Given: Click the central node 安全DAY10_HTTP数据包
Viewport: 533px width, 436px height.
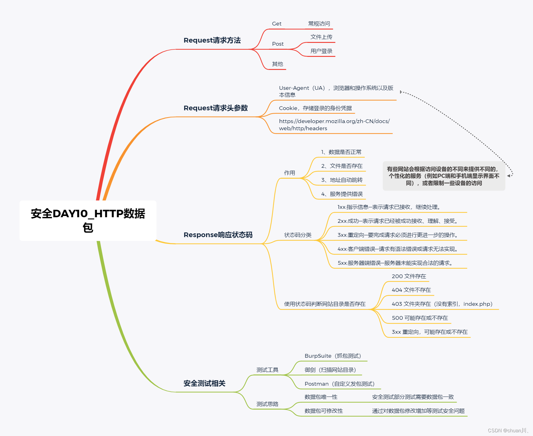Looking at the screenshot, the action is [x=88, y=220].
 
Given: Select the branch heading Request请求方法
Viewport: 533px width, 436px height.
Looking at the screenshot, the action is [x=212, y=40].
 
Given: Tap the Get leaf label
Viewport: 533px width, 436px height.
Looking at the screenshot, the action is [x=277, y=24].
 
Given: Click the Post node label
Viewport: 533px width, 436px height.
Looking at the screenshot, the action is [x=278, y=44].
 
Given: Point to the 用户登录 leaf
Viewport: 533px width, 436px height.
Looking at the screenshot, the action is [x=321, y=51].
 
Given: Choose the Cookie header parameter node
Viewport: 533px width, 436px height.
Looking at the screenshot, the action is [x=315, y=108].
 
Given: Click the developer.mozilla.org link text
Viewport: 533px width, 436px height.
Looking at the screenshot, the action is [x=334, y=125].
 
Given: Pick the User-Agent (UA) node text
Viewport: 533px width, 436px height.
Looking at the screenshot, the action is [x=336, y=91].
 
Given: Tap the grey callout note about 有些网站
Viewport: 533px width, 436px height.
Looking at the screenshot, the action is [x=444, y=176].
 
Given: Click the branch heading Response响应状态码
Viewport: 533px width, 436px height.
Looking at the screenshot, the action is [x=218, y=235].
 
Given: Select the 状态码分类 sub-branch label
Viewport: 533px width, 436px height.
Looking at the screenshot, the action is [x=298, y=235].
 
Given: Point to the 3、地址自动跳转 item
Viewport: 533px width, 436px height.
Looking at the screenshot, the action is [x=342, y=180].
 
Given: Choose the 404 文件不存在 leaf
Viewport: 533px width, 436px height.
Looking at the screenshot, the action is [x=411, y=290].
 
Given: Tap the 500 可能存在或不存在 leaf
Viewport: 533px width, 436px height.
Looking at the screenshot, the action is [x=420, y=318].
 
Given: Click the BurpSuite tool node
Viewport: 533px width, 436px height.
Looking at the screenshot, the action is [x=333, y=356].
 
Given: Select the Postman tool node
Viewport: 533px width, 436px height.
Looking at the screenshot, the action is [x=339, y=384].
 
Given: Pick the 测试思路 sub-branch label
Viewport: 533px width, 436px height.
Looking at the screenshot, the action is [x=267, y=404].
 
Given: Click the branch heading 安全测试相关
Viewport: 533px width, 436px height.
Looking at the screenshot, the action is [x=204, y=383].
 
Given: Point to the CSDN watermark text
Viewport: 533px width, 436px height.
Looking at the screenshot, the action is [x=508, y=431].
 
